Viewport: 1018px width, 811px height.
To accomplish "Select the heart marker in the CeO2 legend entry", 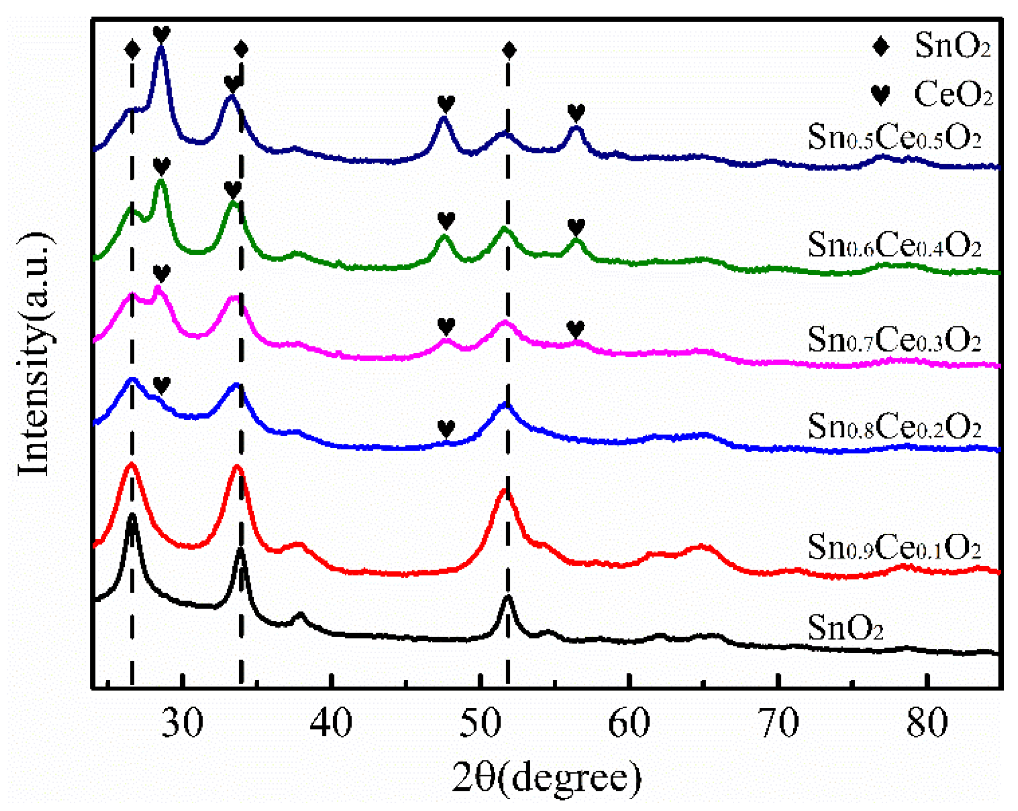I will tap(880, 94).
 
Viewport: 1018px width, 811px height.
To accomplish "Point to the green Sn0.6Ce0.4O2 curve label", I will tap(894, 244).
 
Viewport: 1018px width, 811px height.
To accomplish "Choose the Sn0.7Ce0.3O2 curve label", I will tap(894, 339).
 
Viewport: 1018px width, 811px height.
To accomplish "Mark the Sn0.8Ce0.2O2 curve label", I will tap(894, 426).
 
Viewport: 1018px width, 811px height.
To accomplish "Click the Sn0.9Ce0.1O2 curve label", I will tap(894, 547).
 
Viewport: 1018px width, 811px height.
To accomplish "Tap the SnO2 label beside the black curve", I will tap(845, 628).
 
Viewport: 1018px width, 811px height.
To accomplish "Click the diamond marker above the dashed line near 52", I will tap(509, 50).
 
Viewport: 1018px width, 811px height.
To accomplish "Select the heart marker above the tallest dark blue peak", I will tap(161, 33).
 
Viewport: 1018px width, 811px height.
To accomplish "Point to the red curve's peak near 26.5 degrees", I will tap(131, 464).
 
